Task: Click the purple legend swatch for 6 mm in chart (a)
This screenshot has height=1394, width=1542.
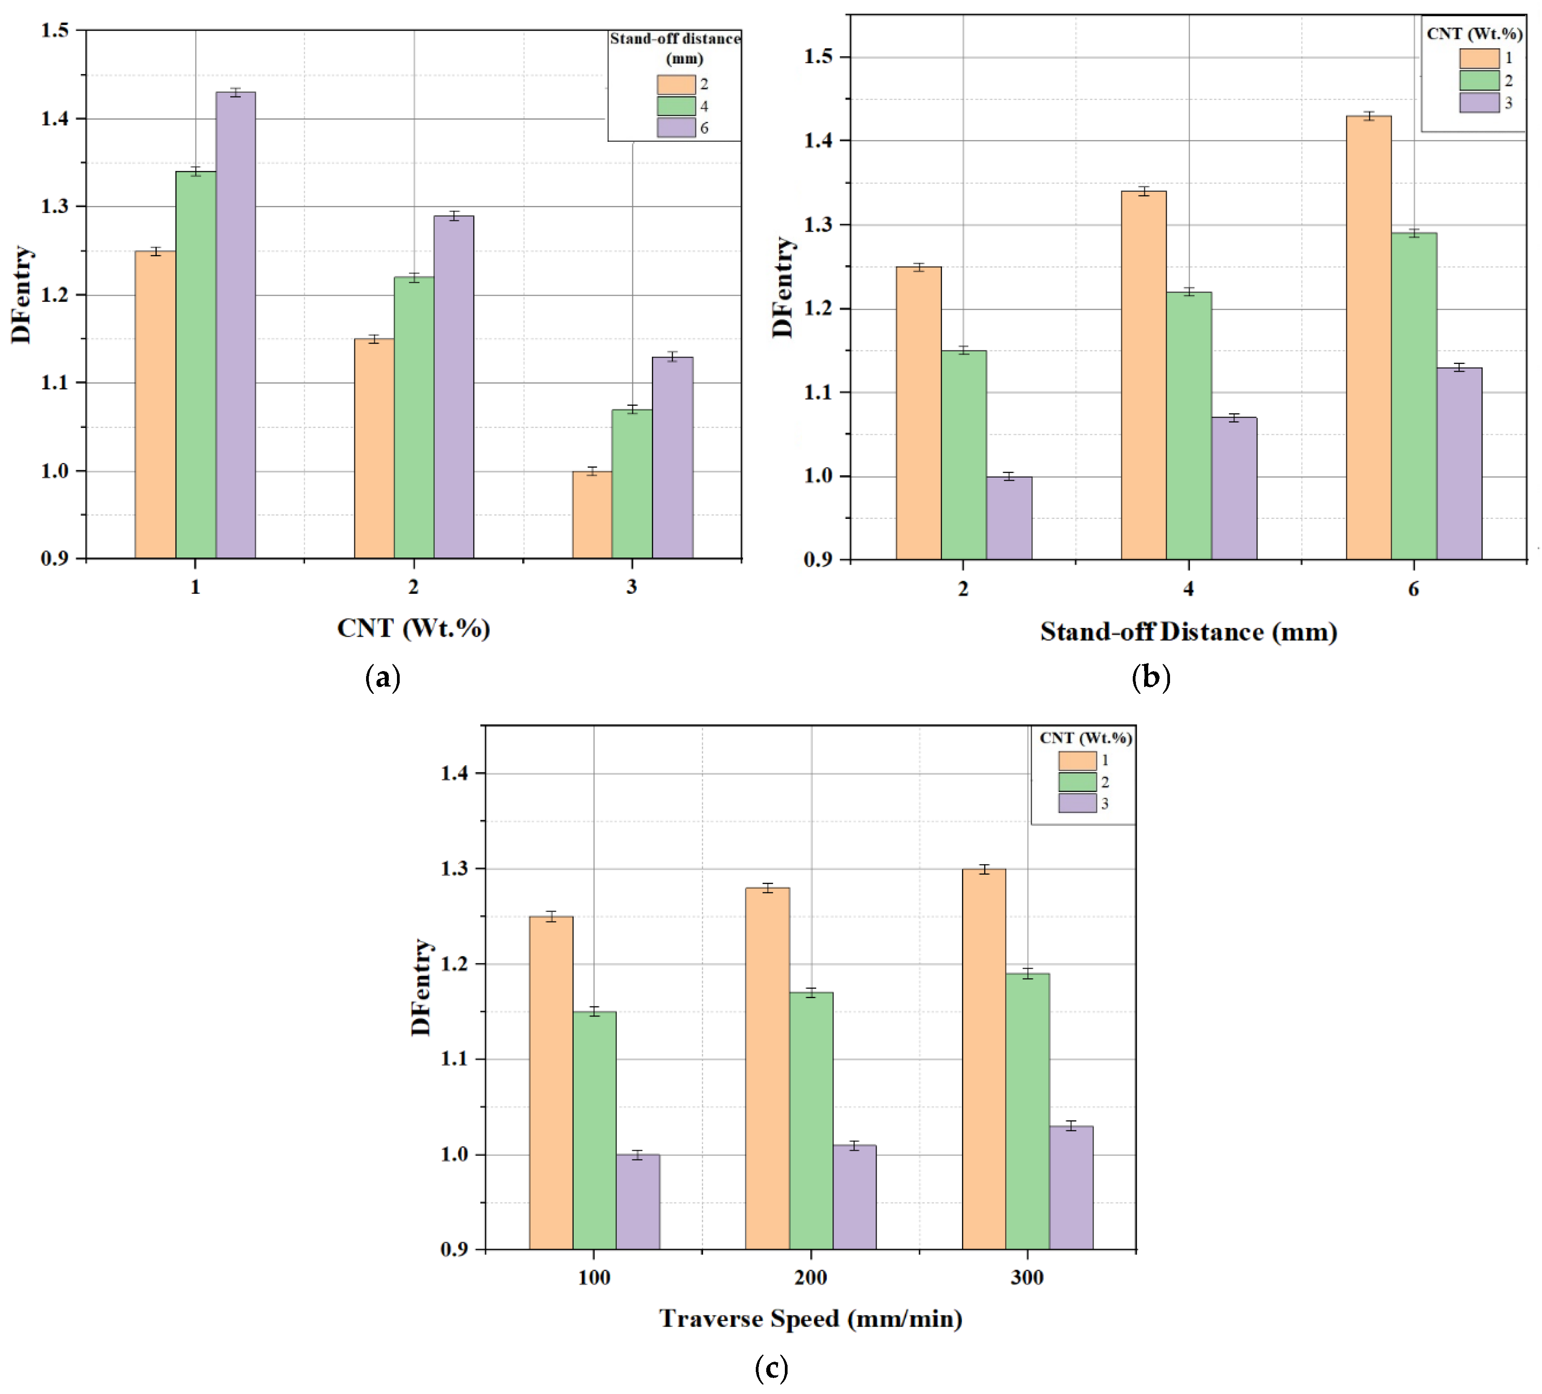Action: (x=676, y=128)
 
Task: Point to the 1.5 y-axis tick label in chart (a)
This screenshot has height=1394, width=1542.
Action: (x=55, y=30)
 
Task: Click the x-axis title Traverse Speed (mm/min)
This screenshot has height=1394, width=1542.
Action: (x=811, y=1318)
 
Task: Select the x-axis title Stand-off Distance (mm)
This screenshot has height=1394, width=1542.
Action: (x=1188, y=632)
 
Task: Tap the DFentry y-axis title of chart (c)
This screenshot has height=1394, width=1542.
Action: (x=421, y=987)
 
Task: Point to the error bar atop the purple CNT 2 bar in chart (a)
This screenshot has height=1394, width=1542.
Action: (x=454, y=216)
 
